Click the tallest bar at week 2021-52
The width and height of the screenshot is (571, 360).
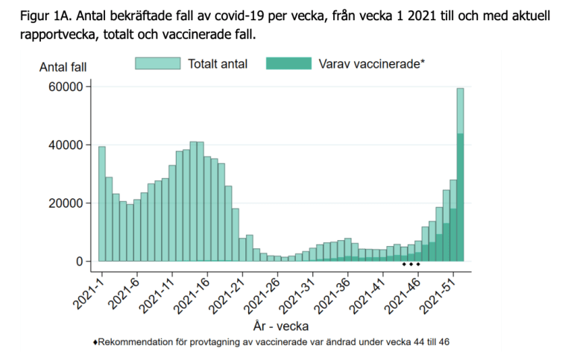pos(461,175)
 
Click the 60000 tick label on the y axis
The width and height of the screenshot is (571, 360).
pos(64,87)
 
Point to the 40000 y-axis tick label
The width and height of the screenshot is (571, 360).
pos(64,145)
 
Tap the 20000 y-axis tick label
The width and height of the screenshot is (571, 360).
pos(64,203)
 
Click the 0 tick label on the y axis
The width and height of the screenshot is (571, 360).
pos(78,262)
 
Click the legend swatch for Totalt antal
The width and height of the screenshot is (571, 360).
pos(157,63)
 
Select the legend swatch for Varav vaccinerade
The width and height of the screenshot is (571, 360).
pos(288,63)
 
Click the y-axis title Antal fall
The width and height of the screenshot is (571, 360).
pos(63,67)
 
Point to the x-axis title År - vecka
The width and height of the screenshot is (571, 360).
pos(281,326)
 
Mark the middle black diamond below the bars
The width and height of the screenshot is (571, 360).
pos(411,264)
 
